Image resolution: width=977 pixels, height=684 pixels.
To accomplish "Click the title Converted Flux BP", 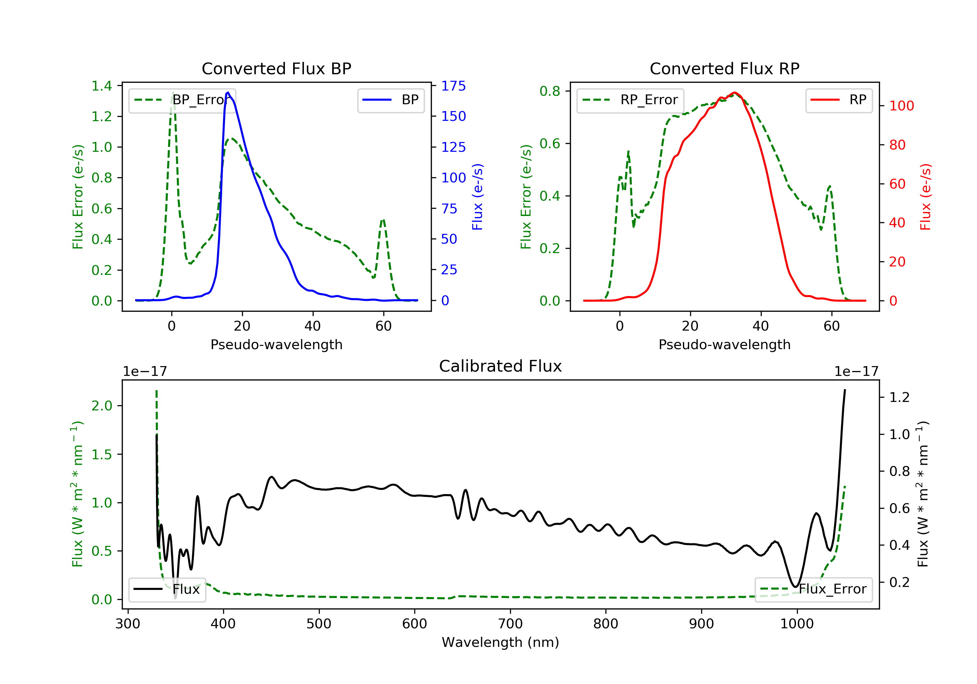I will click(276, 68).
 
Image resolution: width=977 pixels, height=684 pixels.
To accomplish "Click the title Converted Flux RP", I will click(724, 68).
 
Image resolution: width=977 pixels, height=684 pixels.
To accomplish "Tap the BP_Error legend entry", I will click(182, 100).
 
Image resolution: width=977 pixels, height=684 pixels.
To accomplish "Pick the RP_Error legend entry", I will click(630, 100).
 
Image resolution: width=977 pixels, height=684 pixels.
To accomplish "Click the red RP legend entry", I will click(839, 100).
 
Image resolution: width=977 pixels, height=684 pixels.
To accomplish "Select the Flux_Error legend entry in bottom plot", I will click(813, 589).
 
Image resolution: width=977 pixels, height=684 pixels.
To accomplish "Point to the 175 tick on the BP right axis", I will click(453, 86).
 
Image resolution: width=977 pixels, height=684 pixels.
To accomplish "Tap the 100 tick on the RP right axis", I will click(901, 106).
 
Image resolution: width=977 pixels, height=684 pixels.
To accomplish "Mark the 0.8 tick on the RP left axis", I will click(550, 91).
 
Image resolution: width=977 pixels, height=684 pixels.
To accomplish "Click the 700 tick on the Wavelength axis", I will click(510, 624).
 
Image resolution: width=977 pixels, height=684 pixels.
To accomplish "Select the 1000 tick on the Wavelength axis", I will click(797, 624).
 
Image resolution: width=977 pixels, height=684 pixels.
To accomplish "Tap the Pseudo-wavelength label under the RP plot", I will click(724, 344).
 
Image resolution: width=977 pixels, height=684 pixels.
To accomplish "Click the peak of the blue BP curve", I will click(228, 93).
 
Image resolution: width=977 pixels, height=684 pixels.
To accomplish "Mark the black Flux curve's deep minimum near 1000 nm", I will click(794, 587).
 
